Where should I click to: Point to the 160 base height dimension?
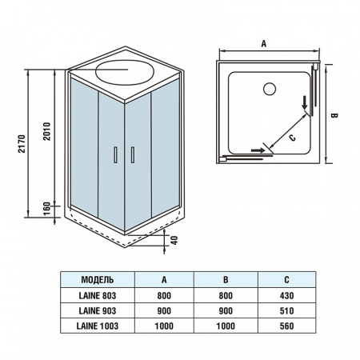coord(47,207)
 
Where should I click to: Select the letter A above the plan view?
coord(263,45)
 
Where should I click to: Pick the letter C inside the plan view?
coord(292,138)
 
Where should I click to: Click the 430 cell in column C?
coord(286,295)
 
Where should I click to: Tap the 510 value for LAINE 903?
coord(286,310)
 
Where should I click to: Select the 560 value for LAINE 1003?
coord(286,326)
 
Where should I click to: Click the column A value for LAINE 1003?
coord(164,326)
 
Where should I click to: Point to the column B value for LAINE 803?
coord(226,295)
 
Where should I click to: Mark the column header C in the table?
coord(286,279)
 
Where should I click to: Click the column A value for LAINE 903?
coord(164,310)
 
